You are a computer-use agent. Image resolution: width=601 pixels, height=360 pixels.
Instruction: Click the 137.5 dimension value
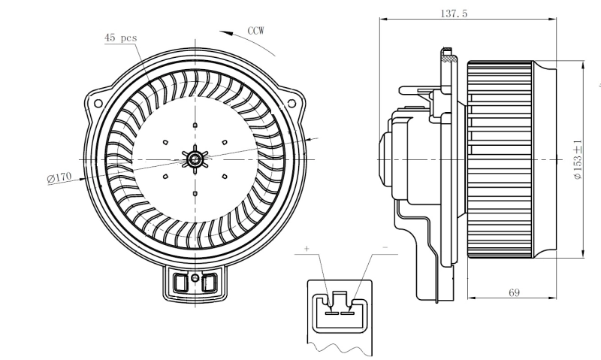458,14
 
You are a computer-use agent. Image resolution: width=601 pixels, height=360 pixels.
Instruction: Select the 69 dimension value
514,292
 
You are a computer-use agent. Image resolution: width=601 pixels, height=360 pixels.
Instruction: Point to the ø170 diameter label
59,177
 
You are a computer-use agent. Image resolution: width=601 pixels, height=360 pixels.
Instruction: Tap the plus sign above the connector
307,248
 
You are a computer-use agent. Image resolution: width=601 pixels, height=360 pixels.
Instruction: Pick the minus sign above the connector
384,247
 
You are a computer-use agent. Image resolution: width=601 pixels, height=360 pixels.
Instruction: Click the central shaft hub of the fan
195,158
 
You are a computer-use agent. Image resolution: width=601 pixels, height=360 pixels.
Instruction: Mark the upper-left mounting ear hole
98,99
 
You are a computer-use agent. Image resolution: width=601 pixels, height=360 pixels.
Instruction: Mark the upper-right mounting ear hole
293,99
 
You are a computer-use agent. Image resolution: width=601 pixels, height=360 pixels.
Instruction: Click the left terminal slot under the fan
181,283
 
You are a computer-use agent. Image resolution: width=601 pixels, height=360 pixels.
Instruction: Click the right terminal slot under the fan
209,283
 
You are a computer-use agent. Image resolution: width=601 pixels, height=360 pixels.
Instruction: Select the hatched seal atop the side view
448,55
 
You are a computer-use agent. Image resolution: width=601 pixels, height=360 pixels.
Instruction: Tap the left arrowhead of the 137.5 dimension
381,20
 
